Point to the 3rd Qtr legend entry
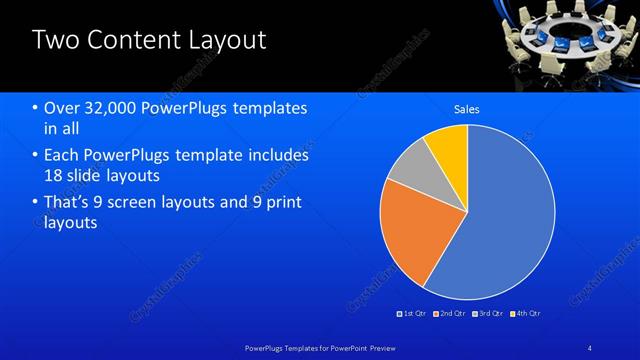click(488, 314)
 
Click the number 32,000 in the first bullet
click(106, 107)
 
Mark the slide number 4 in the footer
click(590, 347)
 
